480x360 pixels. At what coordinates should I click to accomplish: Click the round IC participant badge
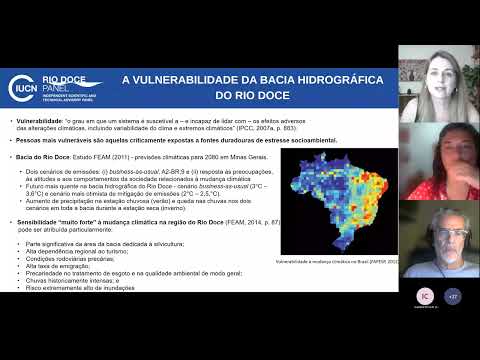(x=424, y=295)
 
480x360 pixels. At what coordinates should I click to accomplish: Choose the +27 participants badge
(x=453, y=295)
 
